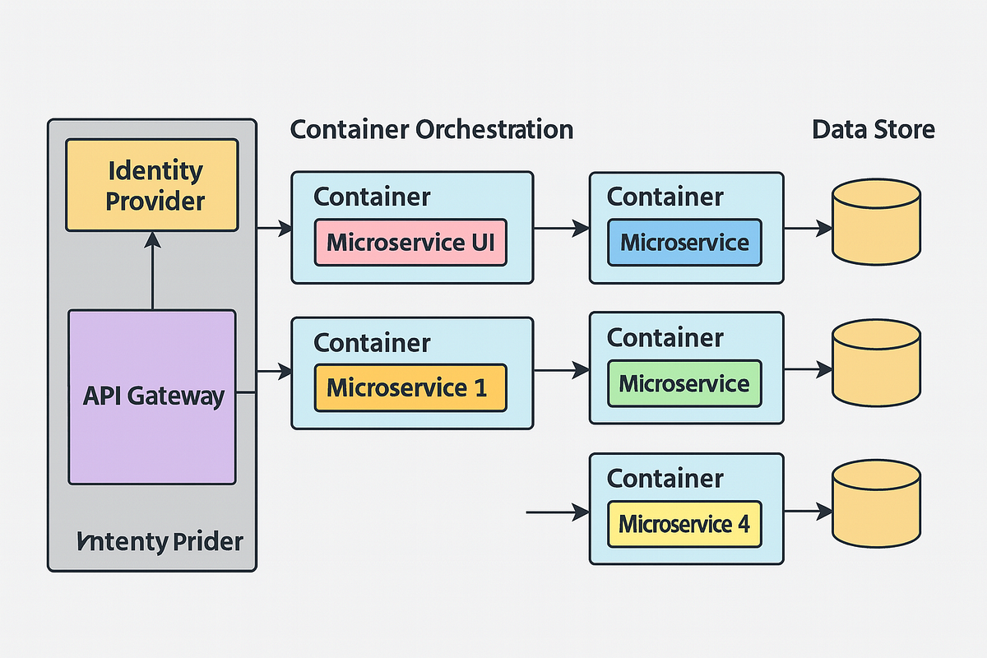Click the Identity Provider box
coord(152,185)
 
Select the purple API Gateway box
coord(152,396)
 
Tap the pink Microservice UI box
coord(410,242)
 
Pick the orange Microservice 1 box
coord(410,387)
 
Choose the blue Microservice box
coord(684,242)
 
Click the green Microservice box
coord(684,383)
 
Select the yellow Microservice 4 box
coord(684,524)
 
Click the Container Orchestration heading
coord(432,129)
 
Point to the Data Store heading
coord(873,129)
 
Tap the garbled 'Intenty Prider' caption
coord(160,542)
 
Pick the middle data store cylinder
coord(875,364)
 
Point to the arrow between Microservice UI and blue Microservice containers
coord(561,229)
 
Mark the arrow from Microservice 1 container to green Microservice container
coord(561,372)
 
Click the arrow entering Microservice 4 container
coord(557,512)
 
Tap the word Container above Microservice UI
coord(372,197)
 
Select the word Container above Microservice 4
coord(665,478)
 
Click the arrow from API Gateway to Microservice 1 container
coord(274,373)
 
